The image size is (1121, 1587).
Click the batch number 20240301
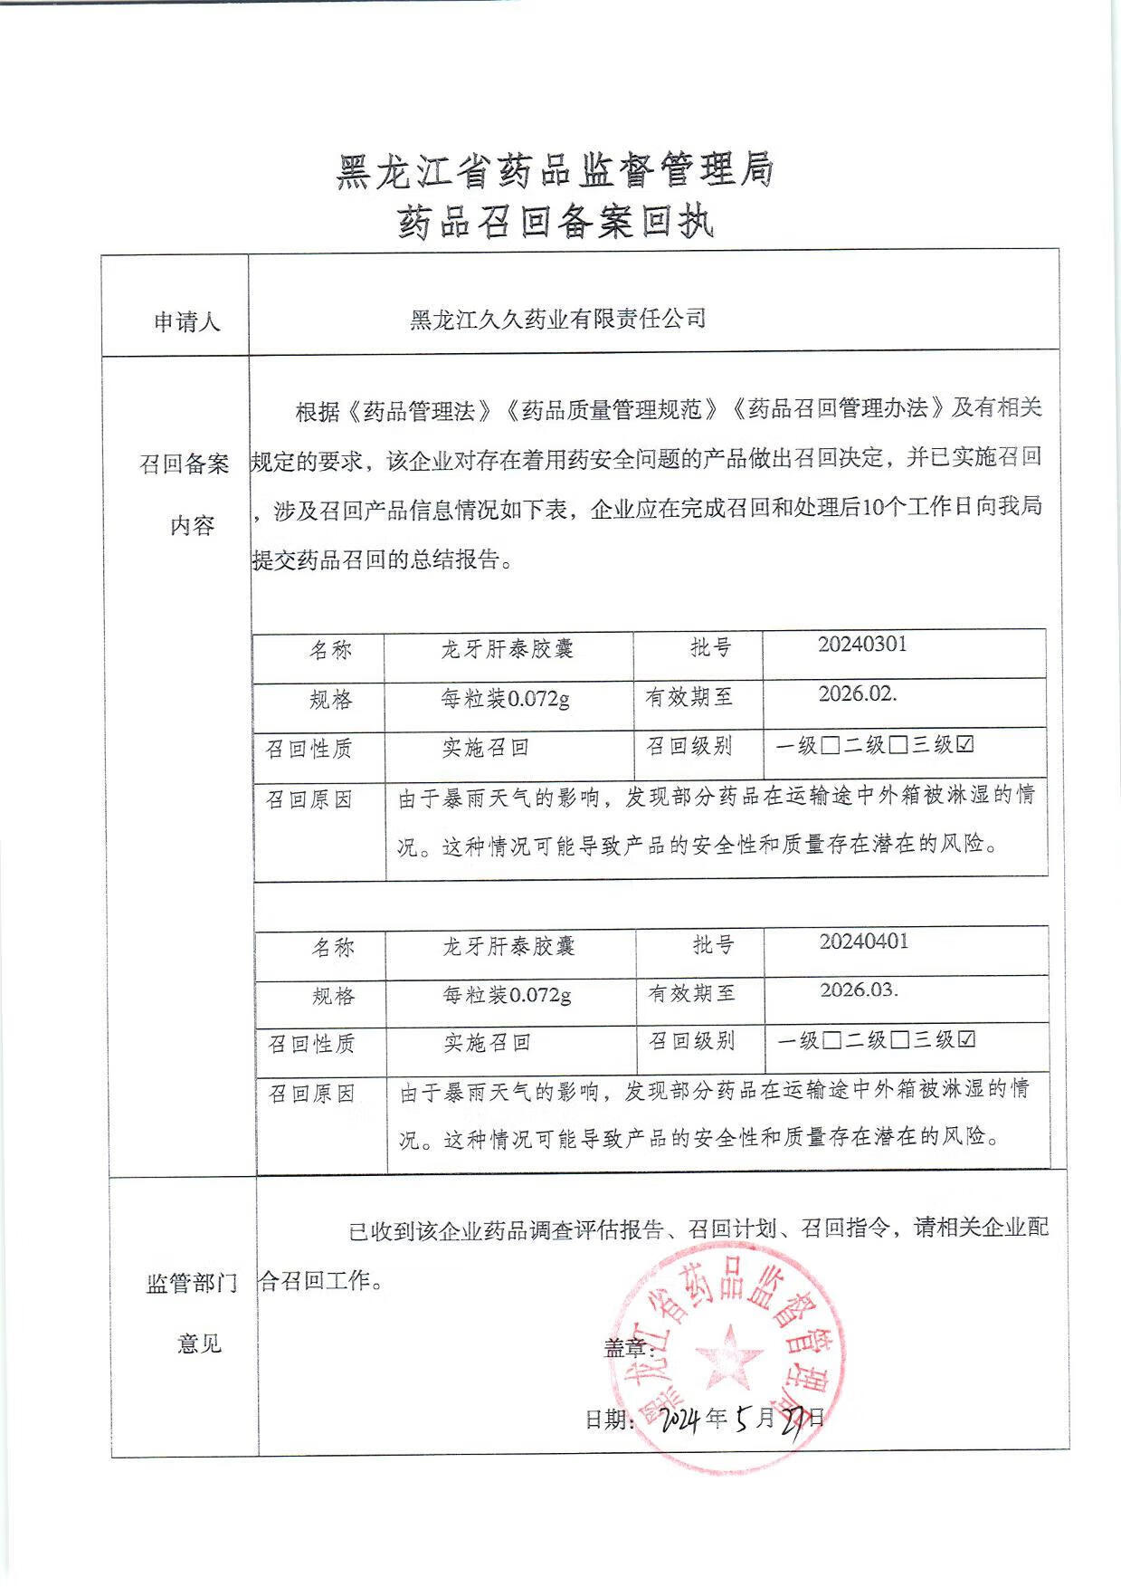tap(861, 645)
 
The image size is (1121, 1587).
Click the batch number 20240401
tap(863, 942)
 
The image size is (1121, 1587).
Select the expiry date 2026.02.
tap(857, 693)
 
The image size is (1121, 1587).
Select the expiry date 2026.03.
tap(859, 989)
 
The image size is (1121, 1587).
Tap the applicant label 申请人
tap(186, 322)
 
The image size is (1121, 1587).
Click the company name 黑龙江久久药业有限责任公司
tap(557, 319)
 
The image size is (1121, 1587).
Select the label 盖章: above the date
tap(628, 1349)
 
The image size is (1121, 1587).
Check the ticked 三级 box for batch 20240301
tap(964, 745)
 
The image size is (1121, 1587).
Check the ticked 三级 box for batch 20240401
tap(966, 1040)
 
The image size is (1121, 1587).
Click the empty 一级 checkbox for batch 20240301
tap(831, 746)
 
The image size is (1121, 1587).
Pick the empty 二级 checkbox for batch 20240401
tap(899, 1040)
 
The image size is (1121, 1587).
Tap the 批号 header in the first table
tap(710, 648)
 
